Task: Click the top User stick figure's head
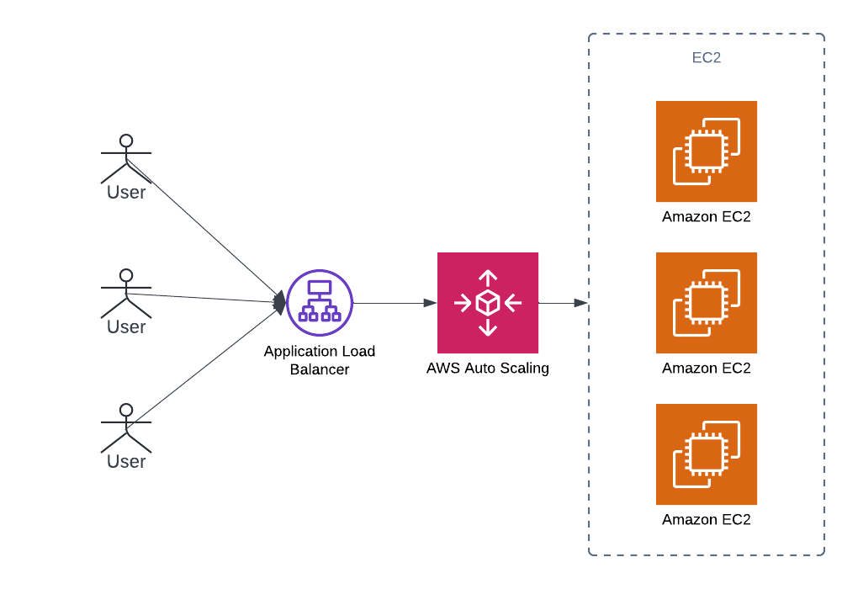tap(126, 141)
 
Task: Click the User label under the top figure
tap(126, 193)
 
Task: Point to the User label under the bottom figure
tap(126, 462)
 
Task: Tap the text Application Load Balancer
tap(319, 360)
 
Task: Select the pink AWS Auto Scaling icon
tap(488, 303)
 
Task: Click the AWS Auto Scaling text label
tap(488, 368)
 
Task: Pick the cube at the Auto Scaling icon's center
tap(488, 303)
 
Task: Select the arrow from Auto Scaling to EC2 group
tap(562, 303)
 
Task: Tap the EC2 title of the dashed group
tap(706, 58)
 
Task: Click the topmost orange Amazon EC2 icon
tap(707, 151)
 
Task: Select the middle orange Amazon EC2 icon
tap(707, 303)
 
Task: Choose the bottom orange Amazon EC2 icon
tap(707, 454)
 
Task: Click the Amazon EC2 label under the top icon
tap(707, 217)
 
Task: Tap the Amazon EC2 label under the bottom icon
tap(707, 520)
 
